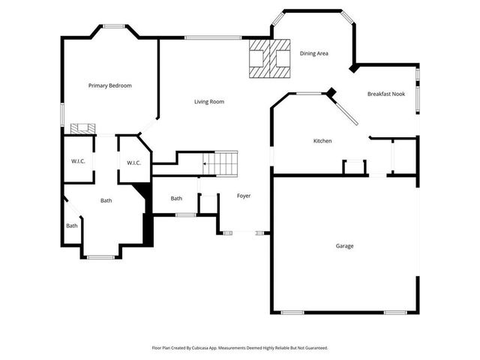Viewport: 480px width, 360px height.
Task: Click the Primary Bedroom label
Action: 109,85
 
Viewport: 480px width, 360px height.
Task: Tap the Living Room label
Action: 209,101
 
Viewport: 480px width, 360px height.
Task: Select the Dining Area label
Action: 314,53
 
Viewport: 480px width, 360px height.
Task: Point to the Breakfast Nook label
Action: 386,94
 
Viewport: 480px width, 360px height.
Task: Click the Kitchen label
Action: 322,141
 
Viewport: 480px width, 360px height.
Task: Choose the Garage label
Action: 344,246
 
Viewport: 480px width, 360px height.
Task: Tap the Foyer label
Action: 244,196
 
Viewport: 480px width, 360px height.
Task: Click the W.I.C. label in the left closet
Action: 78,161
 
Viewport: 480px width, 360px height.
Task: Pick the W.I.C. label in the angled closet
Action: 134,163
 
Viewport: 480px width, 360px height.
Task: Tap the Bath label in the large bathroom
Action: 106,200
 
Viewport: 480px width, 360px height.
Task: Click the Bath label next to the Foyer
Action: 176,199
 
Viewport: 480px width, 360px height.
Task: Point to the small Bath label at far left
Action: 72,226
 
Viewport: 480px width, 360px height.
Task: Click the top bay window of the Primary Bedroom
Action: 114,27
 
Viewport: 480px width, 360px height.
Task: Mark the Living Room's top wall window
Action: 213,37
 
